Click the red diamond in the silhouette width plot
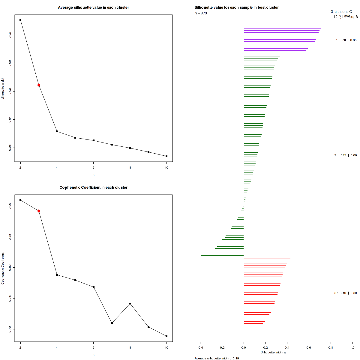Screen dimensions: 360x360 [39, 85]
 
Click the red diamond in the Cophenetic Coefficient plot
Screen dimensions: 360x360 [39, 211]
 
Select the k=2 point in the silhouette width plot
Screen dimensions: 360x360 [20, 20]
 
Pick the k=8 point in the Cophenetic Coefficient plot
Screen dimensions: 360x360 [130, 304]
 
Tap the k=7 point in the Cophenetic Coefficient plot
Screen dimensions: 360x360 [112, 323]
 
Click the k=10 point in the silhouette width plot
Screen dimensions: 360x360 [166, 156]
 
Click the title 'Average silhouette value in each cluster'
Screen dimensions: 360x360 [93, 7]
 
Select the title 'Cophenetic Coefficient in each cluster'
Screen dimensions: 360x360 [93, 187]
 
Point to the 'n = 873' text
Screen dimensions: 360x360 [201, 13]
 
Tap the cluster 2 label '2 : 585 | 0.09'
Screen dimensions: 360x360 [345, 155]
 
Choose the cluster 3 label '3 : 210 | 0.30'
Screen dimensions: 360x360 [345, 293]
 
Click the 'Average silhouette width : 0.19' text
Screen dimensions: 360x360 [217, 358]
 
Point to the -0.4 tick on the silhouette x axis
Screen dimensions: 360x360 [200, 347]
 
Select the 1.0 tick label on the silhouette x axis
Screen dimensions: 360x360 [352, 347]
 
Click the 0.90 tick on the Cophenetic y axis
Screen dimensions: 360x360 [10, 206]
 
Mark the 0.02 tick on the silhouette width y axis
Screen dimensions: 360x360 [10, 35]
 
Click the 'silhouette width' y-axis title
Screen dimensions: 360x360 [3, 88]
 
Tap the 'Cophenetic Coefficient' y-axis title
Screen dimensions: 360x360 [3, 268]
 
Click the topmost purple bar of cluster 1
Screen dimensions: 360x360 [282, 28]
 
